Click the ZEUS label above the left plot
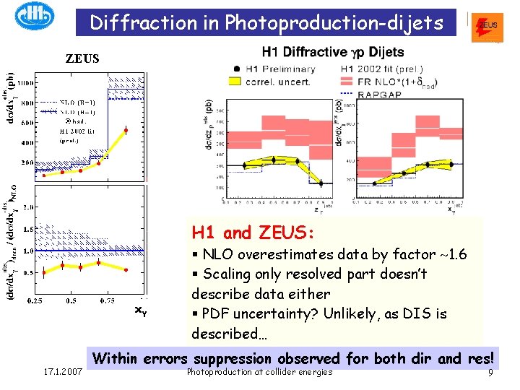click(x=82, y=58)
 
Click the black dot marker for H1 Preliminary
click(x=237, y=69)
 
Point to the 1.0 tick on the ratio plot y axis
click(x=25, y=251)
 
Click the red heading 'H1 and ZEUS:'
click(x=253, y=233)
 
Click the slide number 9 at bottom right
click(x=490, y=373)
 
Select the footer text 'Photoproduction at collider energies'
click(x=259, y=372)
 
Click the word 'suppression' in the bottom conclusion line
click(x=238, y=358)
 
